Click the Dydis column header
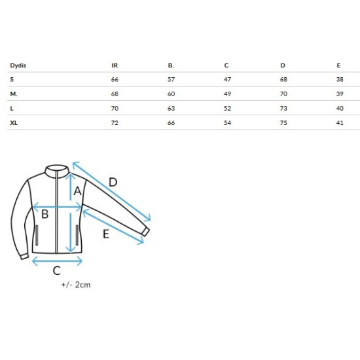click(18, 65)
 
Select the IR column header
click(115, 65)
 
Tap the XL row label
click(14, 123)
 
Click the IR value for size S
click(115, 79)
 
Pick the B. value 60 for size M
click(171, 94)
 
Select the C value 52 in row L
click(227, 109)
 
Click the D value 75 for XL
click(283, 123)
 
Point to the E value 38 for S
click(340, 79)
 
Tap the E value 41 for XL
click(340, 123)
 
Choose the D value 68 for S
click(283, 79)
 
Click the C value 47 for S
click(227, 79)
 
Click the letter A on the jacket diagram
click(78, 190)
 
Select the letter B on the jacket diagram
click(45, 214)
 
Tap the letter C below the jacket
click(56, 270)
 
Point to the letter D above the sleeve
click(113, 183)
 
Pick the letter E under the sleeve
click(106, 234)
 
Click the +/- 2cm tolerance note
click(76, 285)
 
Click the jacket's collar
click(57, 170)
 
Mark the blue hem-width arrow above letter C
click(57, 261)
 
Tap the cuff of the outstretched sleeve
click(145, 232)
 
